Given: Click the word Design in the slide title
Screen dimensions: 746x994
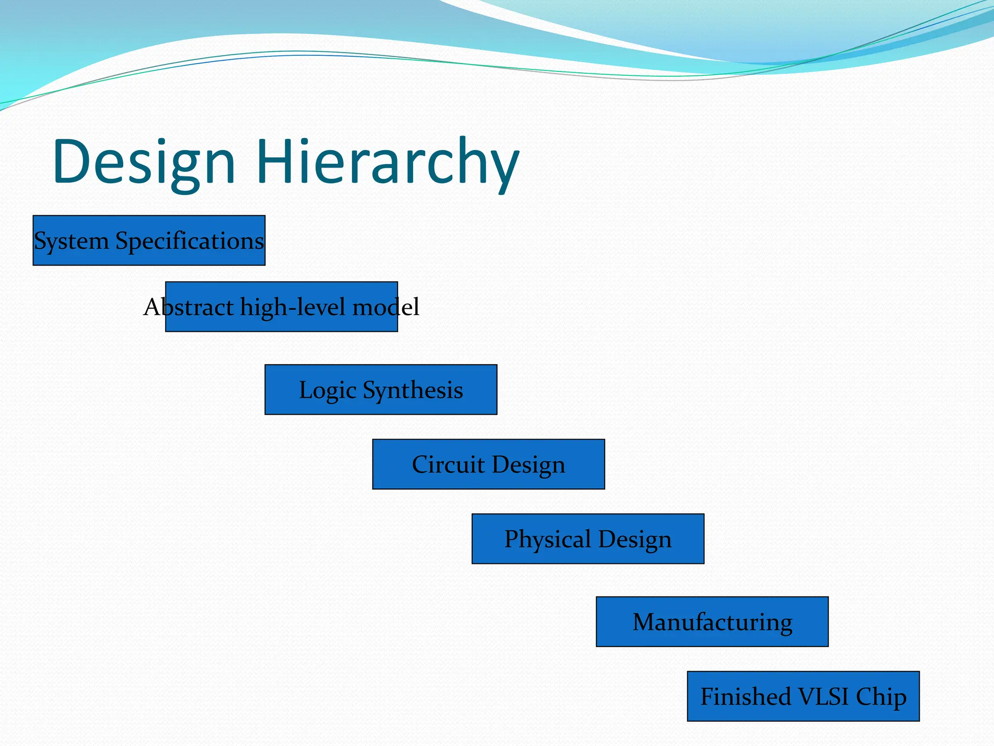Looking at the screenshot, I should click(144, 163).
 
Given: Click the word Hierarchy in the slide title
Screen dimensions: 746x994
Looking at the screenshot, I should click(388, 163).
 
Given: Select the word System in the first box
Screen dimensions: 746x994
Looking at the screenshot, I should click(71, 241).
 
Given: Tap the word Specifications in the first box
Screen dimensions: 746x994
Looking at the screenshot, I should click(189, 241).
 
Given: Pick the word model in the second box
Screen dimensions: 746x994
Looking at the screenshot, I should click(385, 307).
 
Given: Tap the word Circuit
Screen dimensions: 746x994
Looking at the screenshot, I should click(448, 465).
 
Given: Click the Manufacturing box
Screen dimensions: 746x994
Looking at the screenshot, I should click(712, 622).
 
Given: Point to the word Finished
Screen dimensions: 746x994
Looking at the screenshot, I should click(745, 697).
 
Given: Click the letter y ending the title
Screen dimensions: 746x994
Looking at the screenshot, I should click(503, 168).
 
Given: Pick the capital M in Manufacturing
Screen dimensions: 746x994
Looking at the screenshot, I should click(645, 622).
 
